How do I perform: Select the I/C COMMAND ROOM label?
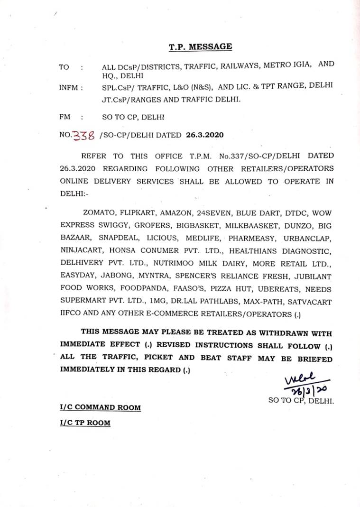pos(100,407)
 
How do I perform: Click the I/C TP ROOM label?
pos(85,423)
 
